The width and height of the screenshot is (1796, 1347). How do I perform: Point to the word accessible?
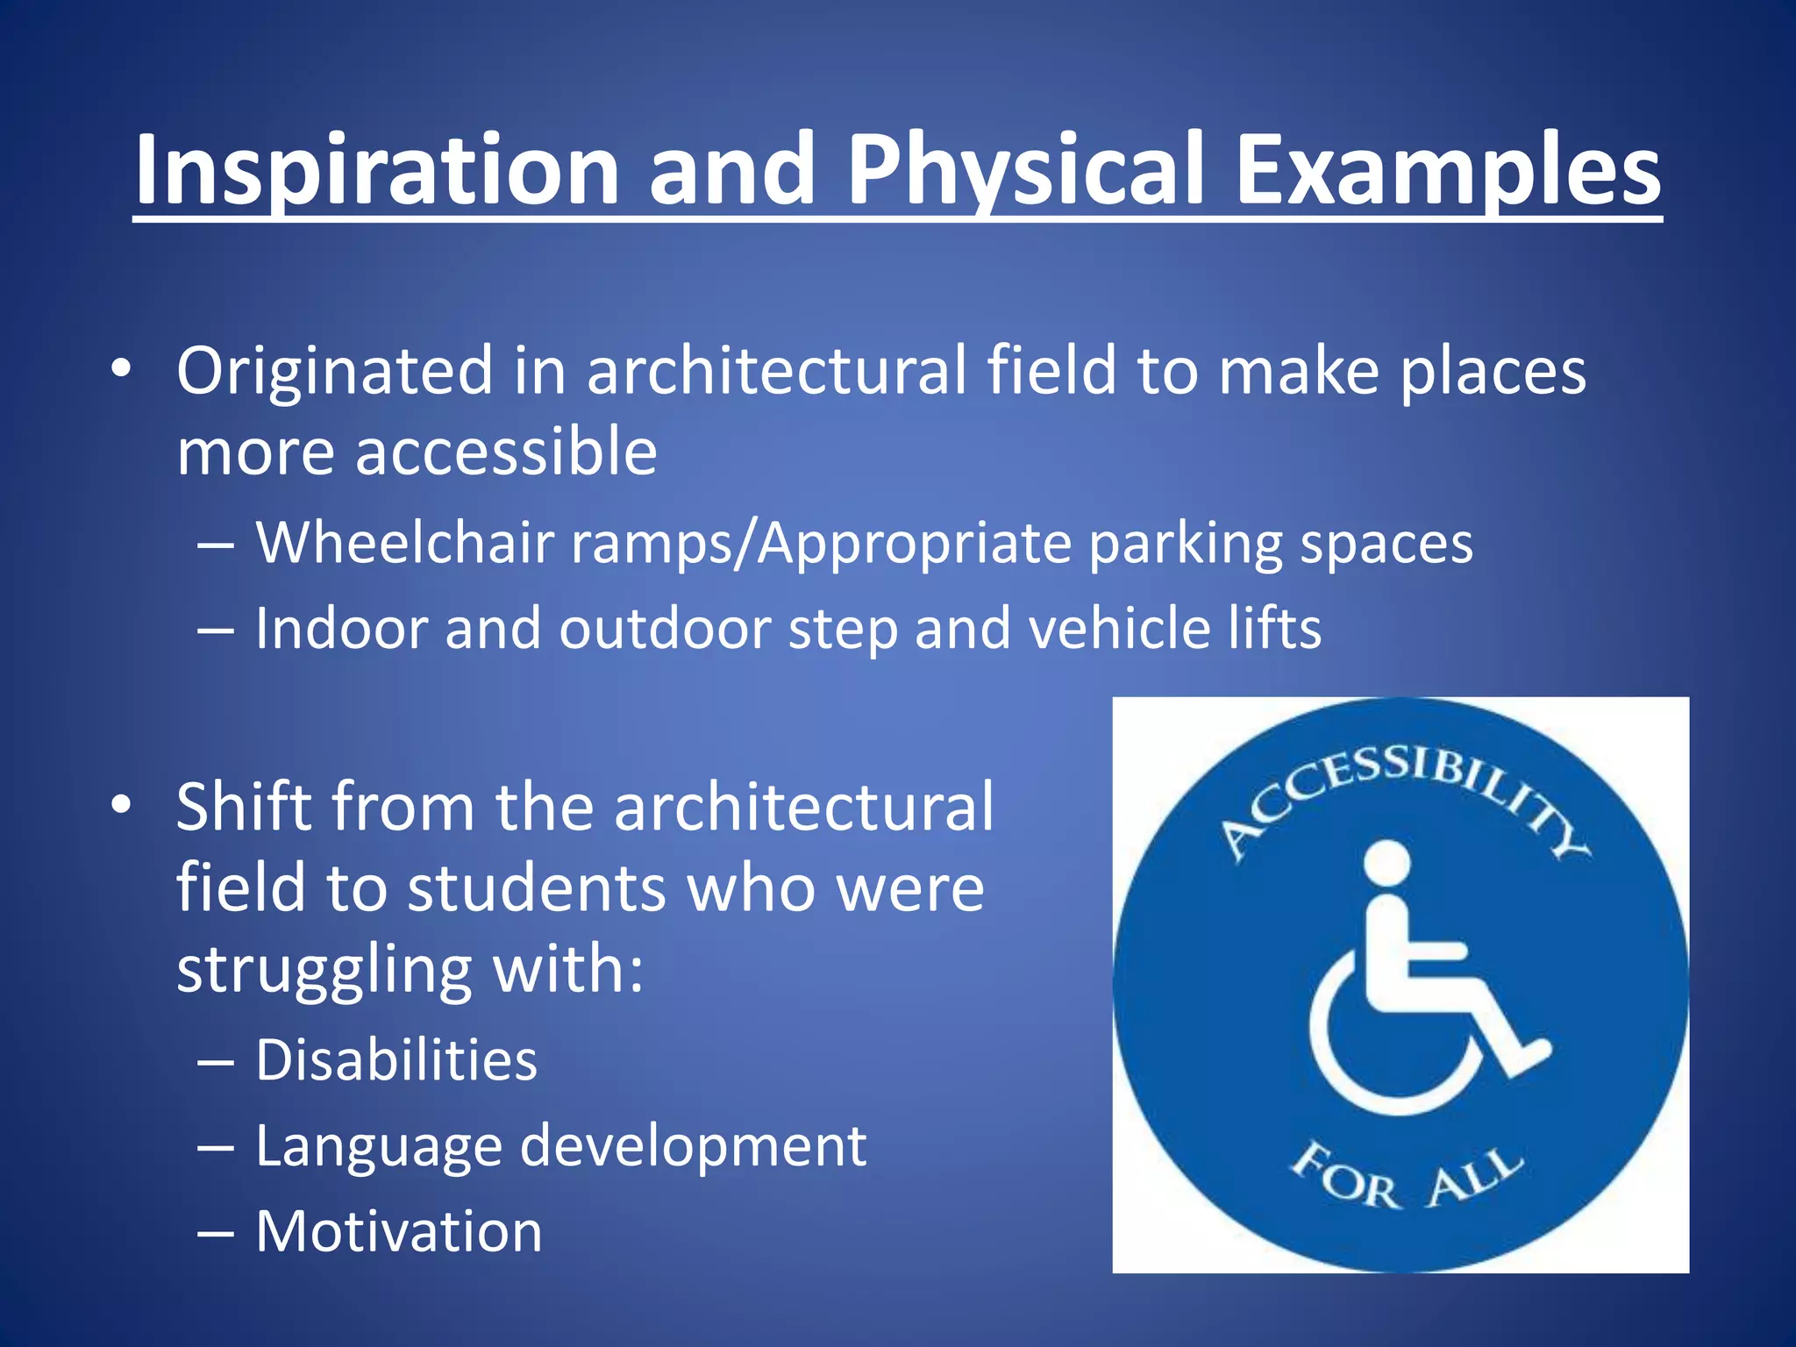[505, 452]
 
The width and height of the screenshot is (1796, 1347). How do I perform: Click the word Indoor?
[341, 628]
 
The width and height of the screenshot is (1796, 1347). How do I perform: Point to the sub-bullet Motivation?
[399, 1231]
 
